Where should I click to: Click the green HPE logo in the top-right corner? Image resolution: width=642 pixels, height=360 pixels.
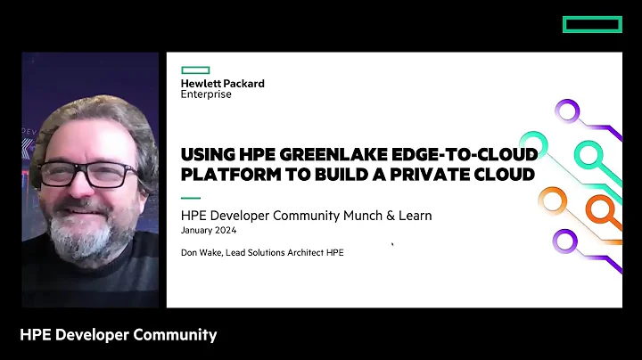coord(592,24)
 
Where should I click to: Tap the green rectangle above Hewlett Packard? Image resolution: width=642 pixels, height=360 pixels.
coord(195,70)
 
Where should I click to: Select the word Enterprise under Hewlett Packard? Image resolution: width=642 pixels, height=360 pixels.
coord(206,94)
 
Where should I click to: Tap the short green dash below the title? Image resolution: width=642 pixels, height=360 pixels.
coord(191,197)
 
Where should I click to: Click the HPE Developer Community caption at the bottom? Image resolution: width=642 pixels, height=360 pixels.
coord(118,335)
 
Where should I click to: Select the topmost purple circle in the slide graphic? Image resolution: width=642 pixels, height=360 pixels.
coord(565,110)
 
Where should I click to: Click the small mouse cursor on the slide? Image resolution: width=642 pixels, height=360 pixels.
coord(391,242)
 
